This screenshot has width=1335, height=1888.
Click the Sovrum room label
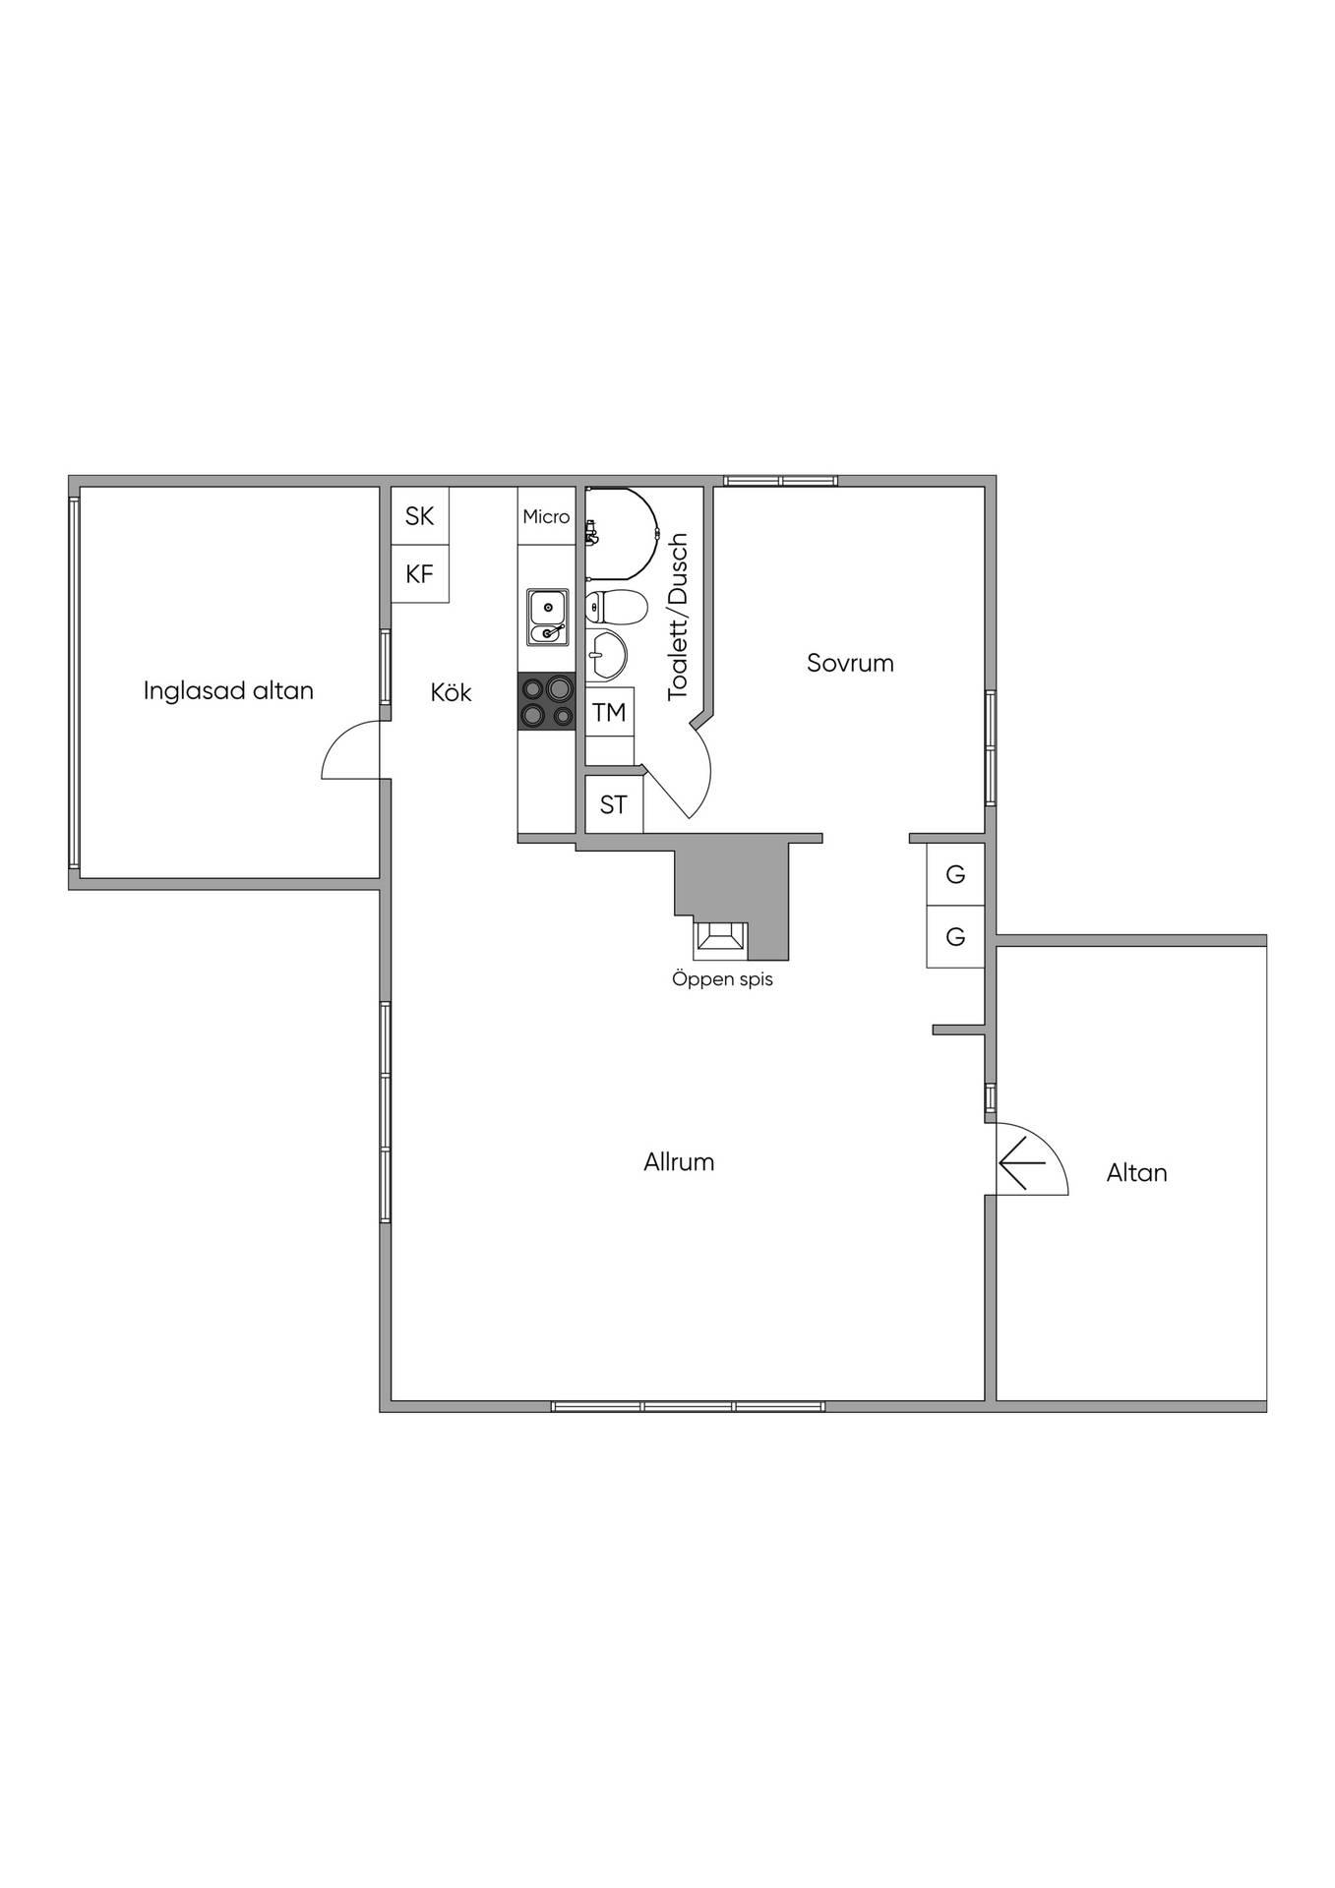[x=850, y=663]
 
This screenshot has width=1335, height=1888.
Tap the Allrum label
[x=679, y=1162]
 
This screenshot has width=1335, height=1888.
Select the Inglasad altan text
[x=228, y=690]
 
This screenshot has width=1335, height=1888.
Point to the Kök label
[x=451, y=692]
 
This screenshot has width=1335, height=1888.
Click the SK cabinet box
[x=420, y=515]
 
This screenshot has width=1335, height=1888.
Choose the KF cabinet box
[x=420, y=573]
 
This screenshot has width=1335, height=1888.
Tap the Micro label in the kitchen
[x=546, y=516]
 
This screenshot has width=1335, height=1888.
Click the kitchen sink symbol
[x=547, y=618]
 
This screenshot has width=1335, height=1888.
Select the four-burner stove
[x=546, y=701]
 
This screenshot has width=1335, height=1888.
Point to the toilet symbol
[x=616, y=607]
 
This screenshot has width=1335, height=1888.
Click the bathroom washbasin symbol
[x=606, y=654]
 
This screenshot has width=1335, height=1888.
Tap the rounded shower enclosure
[x=621, y=532]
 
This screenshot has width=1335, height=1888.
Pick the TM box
[x=610, y=712]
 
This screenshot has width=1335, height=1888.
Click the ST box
[x=614, y=804]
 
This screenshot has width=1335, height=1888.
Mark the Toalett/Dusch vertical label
[x=678, y=617]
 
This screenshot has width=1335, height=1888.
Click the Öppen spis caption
[x=722, y=979]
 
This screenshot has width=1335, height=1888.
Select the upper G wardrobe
[x=955, y=874]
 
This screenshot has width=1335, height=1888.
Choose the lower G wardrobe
[x=955, y=936]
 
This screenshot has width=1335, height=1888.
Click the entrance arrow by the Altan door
[x=1022, y=1162]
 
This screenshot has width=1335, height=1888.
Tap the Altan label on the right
[x=1136, y=1172]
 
